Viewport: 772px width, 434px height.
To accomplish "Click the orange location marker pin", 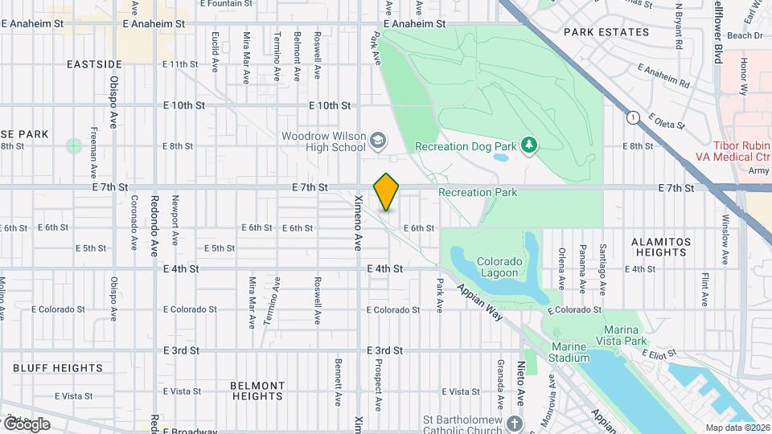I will [386, 192].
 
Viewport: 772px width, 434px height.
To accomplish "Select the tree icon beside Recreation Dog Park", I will [528, 145].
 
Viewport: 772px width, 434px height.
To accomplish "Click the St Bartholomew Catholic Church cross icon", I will [514, 424].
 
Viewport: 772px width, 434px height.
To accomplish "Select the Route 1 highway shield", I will [632, 117].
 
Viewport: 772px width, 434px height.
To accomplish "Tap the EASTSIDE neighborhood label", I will [94, 63].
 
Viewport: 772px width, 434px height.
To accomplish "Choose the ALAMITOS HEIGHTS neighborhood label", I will [659, 247].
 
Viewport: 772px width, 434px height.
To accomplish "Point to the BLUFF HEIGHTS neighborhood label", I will [58, 368].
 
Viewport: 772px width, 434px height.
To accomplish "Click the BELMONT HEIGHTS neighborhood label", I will [257, 391].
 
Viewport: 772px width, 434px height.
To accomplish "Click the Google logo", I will [26, 424].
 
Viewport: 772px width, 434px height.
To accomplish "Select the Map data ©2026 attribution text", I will [737, 428].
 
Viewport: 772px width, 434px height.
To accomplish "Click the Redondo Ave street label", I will [154, 227].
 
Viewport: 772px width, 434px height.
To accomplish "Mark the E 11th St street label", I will [179, 63].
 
